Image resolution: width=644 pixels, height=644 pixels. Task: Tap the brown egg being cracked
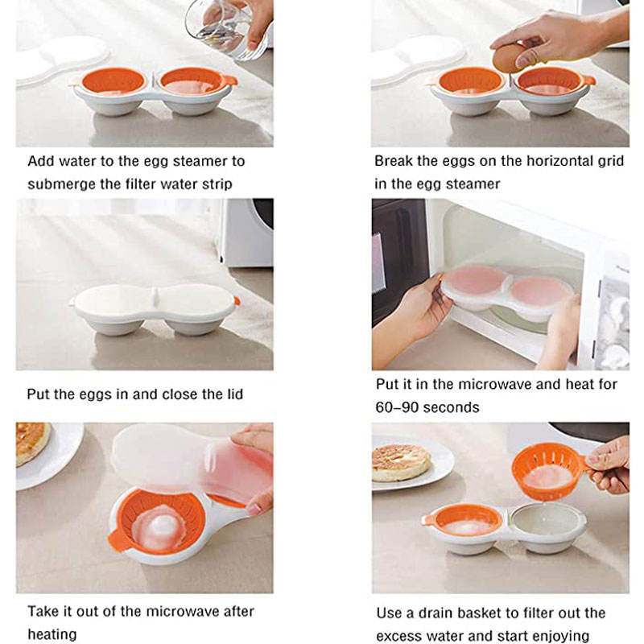[510, 58]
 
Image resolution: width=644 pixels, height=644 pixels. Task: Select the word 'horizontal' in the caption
[559, 160]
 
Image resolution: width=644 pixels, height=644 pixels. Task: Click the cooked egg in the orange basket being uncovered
[159, 529]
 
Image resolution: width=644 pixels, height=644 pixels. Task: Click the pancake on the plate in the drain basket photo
[401, 462]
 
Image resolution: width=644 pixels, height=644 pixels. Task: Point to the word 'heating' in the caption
[52, 634]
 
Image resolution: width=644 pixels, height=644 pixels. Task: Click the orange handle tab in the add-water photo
[230, 80]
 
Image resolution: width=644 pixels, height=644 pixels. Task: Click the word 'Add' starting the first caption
[41, 161]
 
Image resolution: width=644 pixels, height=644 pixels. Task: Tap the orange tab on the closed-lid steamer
[237, 300]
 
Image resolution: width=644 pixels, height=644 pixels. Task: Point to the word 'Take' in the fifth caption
[43, 612]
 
